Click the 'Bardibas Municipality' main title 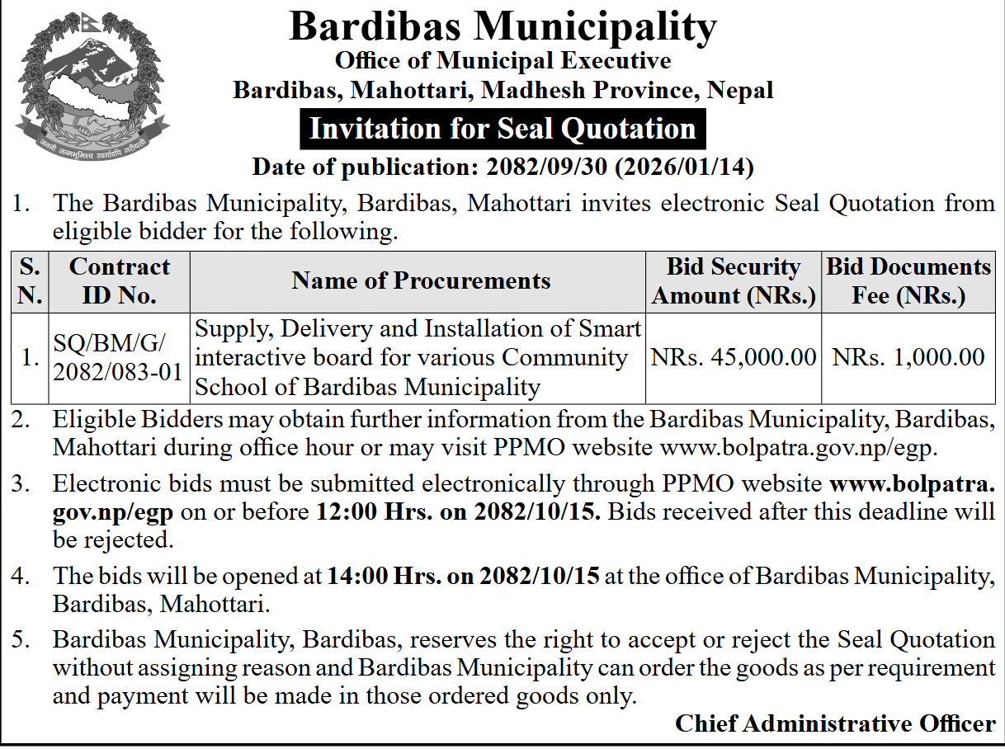tap(503, 27)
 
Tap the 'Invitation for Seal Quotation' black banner tap(503, 129)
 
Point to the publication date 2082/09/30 tap(547, 167)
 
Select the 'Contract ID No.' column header tap(120, 280)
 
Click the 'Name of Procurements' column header tap(421, 280)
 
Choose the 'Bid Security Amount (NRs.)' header tap(734, 280)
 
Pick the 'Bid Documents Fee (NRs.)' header tap(908, 280)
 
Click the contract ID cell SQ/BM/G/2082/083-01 tap(117, 357)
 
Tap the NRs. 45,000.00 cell tap(734, 357)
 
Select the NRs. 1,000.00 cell tap(908, 357)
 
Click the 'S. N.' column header tap(30, 280)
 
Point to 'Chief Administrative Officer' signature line tap(835, 723)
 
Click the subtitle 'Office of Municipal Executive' tap(503, 60)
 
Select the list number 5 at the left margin tap(20, 640)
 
